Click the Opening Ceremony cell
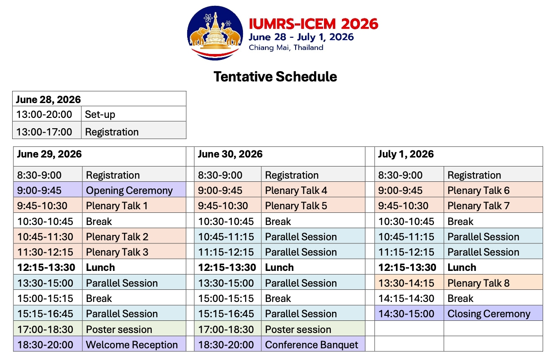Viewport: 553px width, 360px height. pyautogui.click(x=134, y=189)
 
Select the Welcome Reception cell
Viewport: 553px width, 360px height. pyautogui.click(x=134, y=344)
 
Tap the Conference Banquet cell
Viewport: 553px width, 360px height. pyautogui.click(x=313, y=344)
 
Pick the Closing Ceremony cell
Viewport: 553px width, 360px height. pyautogui.click(x=493, y=313)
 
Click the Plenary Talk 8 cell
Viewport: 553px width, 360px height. pyautogui.click(x=493, y=282)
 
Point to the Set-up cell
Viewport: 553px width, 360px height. pyautogui.click(x=134, y=114)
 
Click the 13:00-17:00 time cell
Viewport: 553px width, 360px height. pyautogui.click(x=47, y=130)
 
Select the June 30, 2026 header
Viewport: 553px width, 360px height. pyautogui.click(x=279, y=156)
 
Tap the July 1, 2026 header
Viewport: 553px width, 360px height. pyautogui.click(x=459, y=156)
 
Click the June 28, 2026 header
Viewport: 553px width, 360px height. pyautogui.click(x=99, y=99)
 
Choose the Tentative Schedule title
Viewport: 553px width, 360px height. pyautogui.click(x=275, y=76)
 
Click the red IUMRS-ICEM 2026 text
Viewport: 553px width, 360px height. pyautogui.click(x=314, y=24)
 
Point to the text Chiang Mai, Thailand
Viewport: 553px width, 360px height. pyautogui.click(x=286, y=47)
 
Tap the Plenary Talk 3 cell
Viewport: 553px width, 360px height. pyautogui.click(x=134, y=252)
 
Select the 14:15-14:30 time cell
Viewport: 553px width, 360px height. pyautogui.click(x=409, y=297)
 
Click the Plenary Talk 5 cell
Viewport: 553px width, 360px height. pyautogui.click(x=313, y=205)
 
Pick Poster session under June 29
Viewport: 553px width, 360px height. pyautogui.click(x=134, y=328)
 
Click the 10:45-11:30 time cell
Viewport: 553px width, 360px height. pyautogui.click(x=48, y=236)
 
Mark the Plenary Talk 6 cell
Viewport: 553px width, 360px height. pyautogui.click(x=493, y=189)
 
